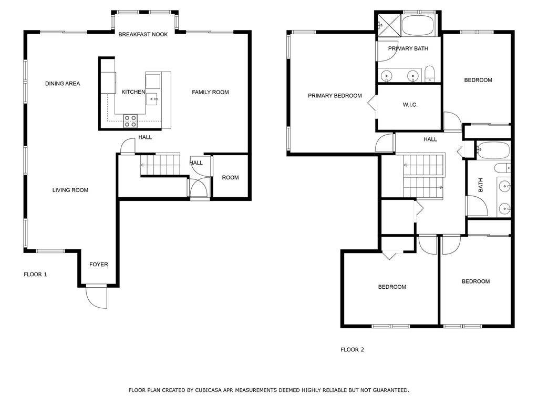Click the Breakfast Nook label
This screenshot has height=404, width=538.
[x=143, y=35]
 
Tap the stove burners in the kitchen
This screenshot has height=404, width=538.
[x=130, y=121]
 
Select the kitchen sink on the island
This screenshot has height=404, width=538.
[x=152, y=98]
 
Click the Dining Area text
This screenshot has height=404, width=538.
[x=63, y=84]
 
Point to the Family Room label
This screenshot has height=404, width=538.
[x=210, y=93]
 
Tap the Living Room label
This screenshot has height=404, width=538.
[x=70, y=190]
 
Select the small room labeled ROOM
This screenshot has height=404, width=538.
[x=230, y=178]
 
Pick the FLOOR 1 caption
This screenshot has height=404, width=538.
[x=35, y=274]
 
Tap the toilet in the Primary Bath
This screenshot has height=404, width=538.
[x=429, y=74]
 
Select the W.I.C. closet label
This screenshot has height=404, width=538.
[x=410, y=105]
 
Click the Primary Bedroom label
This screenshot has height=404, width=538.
[x=335, y=96]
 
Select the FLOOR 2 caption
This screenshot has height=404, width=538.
[x=352, y=349]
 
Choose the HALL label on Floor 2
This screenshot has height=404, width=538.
[x=430, y=139]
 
